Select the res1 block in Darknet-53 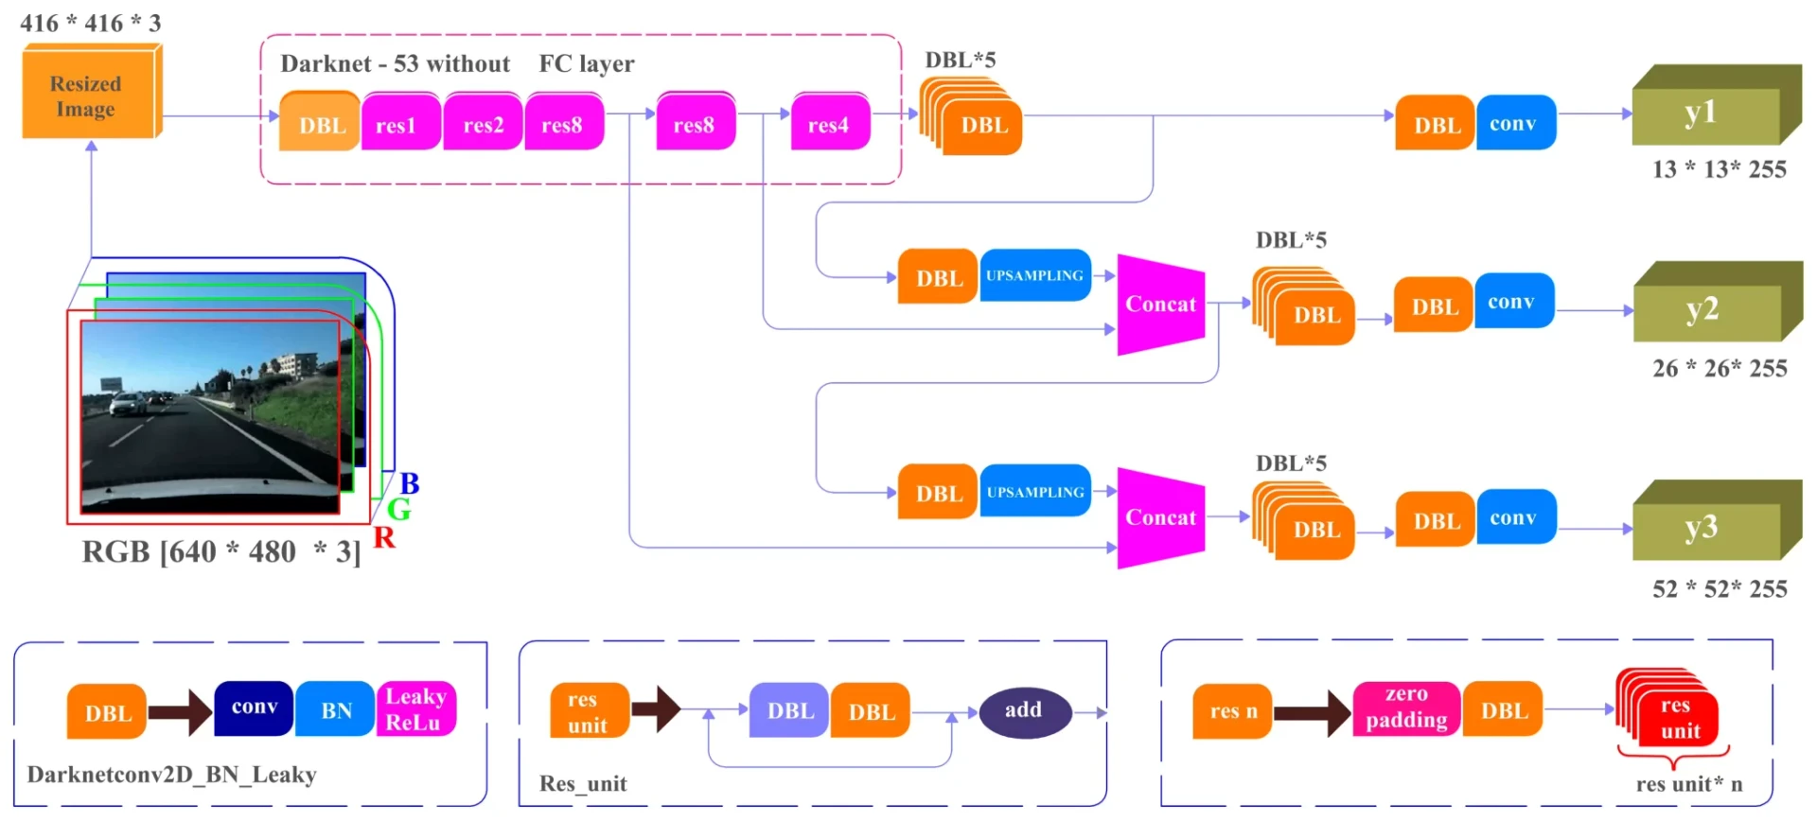[x=397, y=124]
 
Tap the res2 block [x=483, y=124]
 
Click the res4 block [x=829, y=124]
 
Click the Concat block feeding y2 [x=1160, y=305]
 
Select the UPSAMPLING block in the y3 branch [x=1035, y=492]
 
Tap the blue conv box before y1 [x=1514, y=123]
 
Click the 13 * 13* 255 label [x=1719, y=169]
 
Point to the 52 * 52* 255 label [x=1719, y=589]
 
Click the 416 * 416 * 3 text [x=91, y=23]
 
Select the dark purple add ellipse [x=1024, y=711]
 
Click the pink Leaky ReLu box [x=415, y=709]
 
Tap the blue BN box [x=336, y=710]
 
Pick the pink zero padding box [x=1406, y=707]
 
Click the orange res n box [x=1233, y=711]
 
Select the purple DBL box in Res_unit [x=789, y=711]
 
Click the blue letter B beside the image [x=409, y=483]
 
